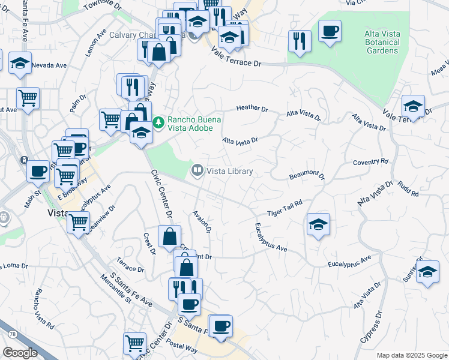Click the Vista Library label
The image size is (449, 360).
tap(229, 171)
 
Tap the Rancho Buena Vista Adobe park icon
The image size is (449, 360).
tap(158, 122)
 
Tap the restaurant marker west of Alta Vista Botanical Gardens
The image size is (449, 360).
tap(299, 41)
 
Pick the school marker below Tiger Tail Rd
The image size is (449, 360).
tap(318, 225)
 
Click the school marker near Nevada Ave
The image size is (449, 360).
tap(20, 63)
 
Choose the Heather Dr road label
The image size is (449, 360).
tap(252, 109)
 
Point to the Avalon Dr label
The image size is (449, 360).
tap(202, 221)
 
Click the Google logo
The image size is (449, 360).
tap(20, 353)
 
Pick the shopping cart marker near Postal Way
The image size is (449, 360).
tap(135, 343)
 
